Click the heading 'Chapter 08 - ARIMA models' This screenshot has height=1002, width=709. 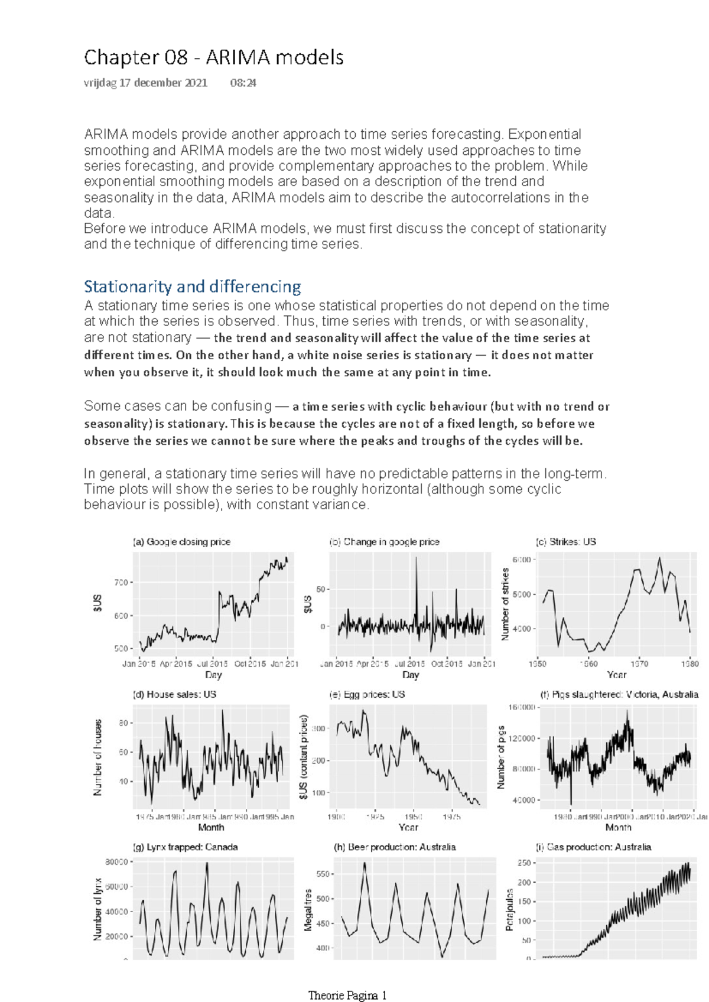point(213,58)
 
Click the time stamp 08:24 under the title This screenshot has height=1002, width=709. point(243,83)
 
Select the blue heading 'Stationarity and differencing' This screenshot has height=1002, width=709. point(192,287)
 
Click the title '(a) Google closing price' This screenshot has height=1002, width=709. point(181,542)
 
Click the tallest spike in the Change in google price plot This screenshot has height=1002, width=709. point(416,559)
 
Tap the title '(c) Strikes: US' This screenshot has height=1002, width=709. point(565,542)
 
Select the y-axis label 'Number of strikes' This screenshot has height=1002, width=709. point(505,604)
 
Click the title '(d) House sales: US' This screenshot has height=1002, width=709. point(174,694)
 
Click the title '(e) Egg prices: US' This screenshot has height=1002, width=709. point(366,694)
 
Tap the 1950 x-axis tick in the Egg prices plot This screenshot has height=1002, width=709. point(413,816)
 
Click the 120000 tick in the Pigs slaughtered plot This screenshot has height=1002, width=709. point(522,739)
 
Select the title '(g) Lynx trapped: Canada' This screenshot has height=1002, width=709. point(186,847)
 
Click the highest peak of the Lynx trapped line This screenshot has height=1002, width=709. point(207,863)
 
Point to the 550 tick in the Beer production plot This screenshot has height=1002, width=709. point(323,874)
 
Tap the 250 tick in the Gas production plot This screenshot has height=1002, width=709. point(523,863)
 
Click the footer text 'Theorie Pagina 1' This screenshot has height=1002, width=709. point(347,996)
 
